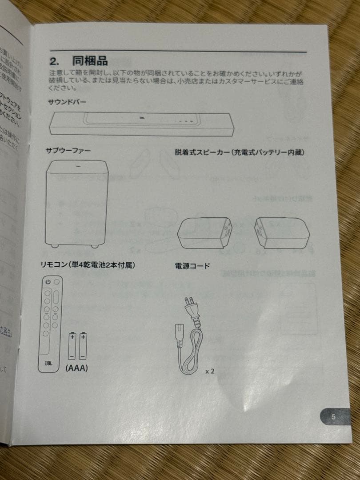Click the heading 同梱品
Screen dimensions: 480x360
90,60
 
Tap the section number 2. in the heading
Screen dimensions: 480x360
55,60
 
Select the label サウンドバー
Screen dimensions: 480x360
68,102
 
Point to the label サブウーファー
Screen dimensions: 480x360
68,151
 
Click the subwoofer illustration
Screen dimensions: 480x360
76,203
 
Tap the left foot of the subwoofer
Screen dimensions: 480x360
54,245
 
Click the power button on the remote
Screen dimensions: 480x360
48,282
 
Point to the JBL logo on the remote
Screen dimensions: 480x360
48,362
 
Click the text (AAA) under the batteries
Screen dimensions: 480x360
76,368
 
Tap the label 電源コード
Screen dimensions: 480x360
192,266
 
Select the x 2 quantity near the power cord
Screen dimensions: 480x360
210,371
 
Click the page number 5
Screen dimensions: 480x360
333,417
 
